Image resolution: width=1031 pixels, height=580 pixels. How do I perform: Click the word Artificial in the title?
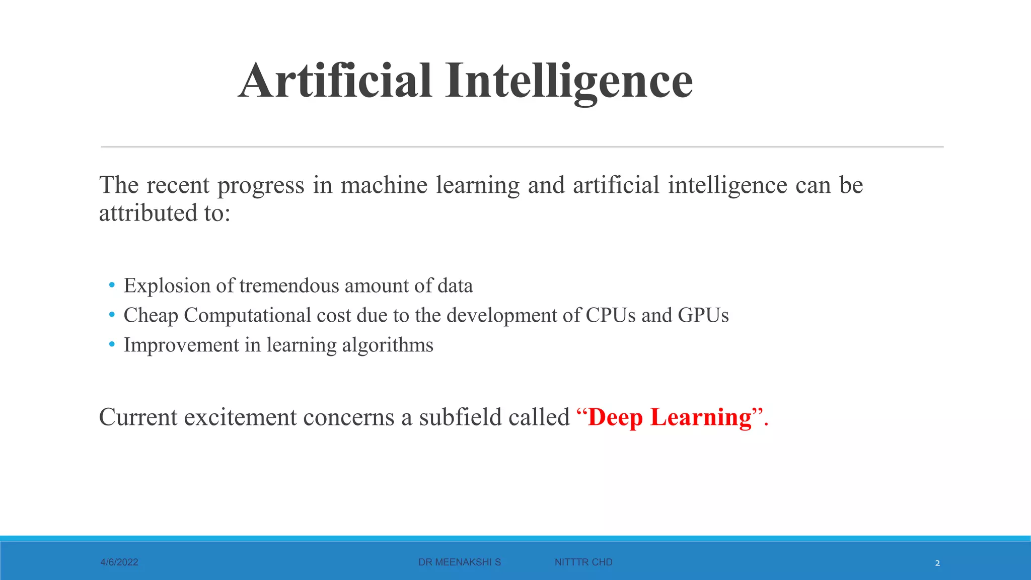pos(335,81)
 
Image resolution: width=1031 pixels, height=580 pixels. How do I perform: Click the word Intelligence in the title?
pos(569,81)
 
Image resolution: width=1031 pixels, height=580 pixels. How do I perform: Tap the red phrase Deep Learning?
pos(670,417)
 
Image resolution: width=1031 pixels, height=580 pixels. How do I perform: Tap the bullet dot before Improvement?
pos(112,345)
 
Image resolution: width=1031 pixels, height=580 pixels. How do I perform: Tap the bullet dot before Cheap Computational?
pos(112,315)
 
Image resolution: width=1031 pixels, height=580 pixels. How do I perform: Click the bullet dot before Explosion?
pos(112,285)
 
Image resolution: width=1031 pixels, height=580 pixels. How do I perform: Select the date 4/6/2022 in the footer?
pos(119,562)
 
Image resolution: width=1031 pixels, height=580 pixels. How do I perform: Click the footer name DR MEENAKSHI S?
pos(460,562)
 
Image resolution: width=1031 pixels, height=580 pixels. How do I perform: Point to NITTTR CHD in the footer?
pos(583,562)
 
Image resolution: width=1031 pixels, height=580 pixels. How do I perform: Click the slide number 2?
pos(937,563)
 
